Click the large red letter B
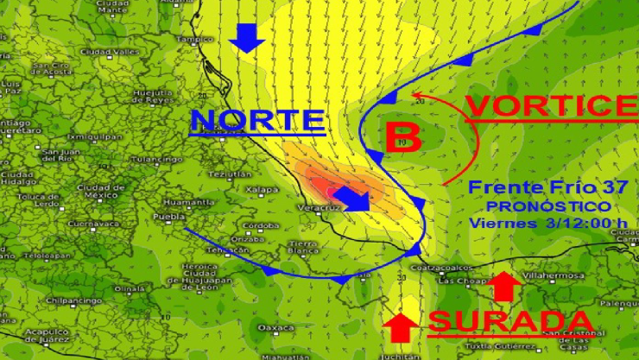402,137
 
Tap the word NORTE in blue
257,119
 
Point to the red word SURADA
510,321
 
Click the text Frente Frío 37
540,187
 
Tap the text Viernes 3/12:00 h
547,223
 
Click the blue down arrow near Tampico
247,37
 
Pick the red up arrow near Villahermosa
503,286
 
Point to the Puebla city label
163,216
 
